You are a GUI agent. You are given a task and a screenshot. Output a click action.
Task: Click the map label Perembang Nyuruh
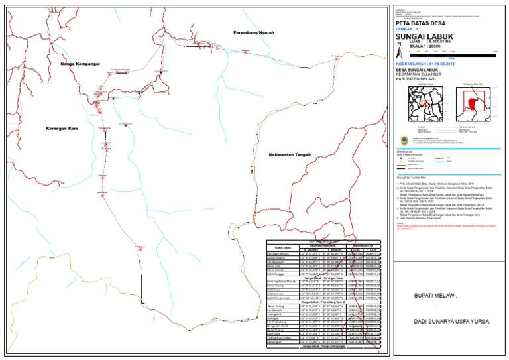pos(253,32)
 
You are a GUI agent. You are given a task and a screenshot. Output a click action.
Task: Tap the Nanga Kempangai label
pos(80,64)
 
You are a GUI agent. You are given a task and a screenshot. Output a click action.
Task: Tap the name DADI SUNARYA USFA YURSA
pos(445,339)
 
